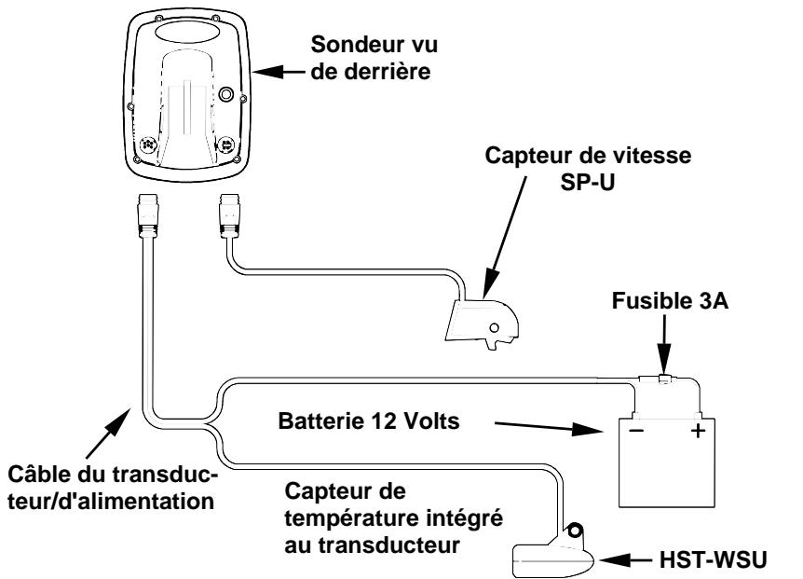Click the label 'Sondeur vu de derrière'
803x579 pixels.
374,58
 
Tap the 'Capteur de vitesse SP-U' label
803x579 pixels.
588,169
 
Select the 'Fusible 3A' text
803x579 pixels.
670,301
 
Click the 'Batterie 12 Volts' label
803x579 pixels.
369,421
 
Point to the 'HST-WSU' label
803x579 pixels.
713,560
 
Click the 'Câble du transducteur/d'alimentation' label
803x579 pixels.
113,488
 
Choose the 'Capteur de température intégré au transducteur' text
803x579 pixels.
393,518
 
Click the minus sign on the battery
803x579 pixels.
636,431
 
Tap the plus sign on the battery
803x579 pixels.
698,431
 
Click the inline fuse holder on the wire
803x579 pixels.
663,379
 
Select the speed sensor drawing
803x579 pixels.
482,324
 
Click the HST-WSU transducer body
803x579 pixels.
553,556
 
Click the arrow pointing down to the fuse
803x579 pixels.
664,344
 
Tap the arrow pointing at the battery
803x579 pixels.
549,426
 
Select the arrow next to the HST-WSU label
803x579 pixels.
627,560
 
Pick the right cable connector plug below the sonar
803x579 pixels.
229,215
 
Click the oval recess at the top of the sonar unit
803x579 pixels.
189,30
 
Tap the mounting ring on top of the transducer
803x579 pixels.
574,530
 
